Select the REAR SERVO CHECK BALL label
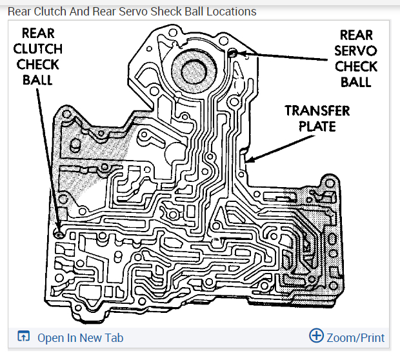[x=356, y=58]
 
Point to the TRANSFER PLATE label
[x=317, y=118]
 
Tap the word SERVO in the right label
[x=356, y=50]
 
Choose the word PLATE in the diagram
[x=317, y=126]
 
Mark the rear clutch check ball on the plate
[x=59, y=234]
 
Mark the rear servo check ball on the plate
[x=233, y=52]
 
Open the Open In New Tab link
[x=80, y=337]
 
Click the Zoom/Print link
[x=355, y=337]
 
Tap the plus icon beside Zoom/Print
[x=316, y=335]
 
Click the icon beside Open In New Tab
[x=24, y=337]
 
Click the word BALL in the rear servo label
[x=356, y=82]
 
